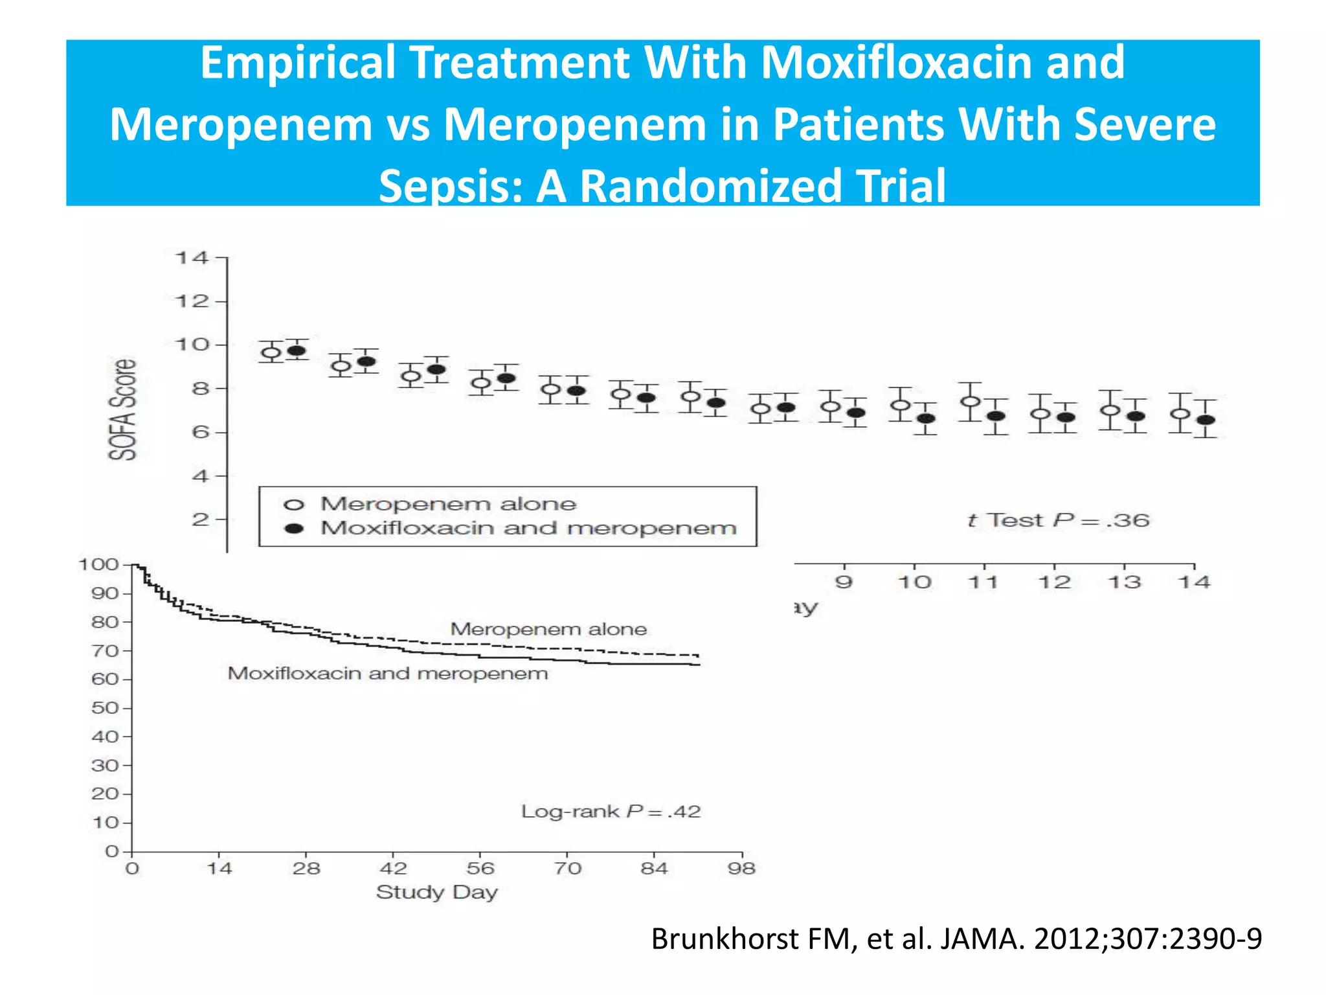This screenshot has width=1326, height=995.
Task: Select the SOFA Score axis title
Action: [122, 409]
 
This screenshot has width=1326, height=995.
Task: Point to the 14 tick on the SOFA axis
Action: [192, 258]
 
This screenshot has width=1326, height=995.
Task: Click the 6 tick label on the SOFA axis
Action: [200, 432]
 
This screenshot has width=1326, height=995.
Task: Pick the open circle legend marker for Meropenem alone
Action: [294, 505]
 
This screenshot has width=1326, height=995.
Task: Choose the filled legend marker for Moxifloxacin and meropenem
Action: [295, 529]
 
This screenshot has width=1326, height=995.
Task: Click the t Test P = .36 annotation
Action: [1058, 520]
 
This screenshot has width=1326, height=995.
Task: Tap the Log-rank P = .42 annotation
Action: [611, 811]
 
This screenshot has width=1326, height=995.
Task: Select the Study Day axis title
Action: [437, 892]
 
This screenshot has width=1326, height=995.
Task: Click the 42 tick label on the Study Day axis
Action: [393, 868]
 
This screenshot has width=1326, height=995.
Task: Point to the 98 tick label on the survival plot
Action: [741, 868]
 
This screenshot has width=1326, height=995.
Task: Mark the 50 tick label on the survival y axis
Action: [105, 707]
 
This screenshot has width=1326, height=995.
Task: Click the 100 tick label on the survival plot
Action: [98, 564]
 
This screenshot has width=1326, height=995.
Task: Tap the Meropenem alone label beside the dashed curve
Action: [548, 629]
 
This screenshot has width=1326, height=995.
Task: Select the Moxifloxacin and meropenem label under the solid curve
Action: [388, 674]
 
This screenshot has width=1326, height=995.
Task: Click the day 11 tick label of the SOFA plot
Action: [983, 582]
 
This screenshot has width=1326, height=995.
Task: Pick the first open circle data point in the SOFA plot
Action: [271, 353]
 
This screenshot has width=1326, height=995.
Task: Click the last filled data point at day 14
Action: [1206, 420]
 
